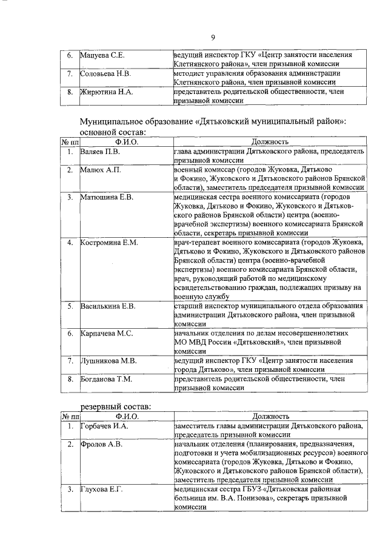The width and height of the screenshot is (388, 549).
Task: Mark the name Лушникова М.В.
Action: click(x=109, y=360)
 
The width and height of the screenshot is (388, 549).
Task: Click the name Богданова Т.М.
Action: click(x=107, y=379)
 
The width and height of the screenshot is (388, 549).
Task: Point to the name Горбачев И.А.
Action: click(x=104, y=426)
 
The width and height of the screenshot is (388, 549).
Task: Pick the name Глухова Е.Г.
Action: click(x=102, y=490)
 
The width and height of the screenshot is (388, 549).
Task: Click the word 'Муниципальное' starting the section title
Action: click(x=115, y=121)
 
